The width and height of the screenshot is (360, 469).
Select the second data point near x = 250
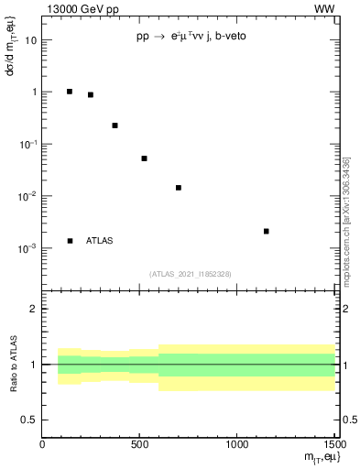(x=91, y=94)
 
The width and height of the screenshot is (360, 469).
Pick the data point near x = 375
(x=115, y=125)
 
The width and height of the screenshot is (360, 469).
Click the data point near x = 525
(x=145, y=158)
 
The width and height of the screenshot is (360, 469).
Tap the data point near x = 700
(x=179, y=188)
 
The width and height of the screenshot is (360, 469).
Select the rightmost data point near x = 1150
(x=267, y=231)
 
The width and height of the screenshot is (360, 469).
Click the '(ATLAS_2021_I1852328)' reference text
(x=190, y=274)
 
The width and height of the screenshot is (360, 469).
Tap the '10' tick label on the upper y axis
(x=31, y=40)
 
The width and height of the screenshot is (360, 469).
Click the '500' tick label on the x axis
(x=140, y=445)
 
